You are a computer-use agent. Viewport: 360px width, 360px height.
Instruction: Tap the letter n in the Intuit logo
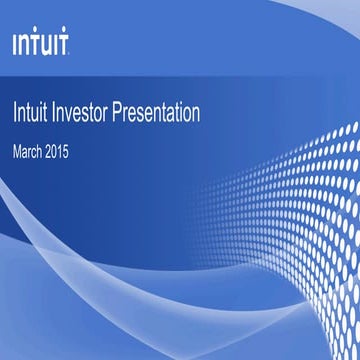pos(23,45)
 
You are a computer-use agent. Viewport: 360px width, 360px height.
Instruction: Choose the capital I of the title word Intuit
pos(14,113)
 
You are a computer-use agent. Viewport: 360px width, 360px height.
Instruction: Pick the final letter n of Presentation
pos(195,114)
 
